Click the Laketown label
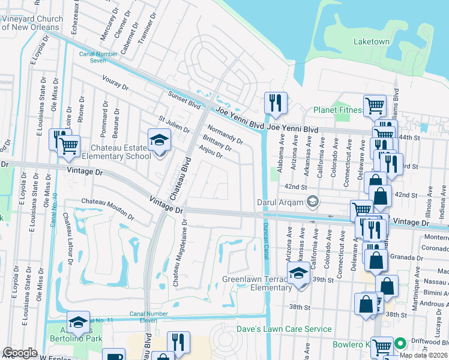pyautogui.click(x=372, y=42)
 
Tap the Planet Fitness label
pyautogui.click(x=338, y=110)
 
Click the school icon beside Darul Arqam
pyautogui.click(x=312, y=202)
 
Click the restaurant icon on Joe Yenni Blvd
pyautogui.click(x=276, y=103)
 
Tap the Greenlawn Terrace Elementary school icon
pyautogui.click(x=298, y=274)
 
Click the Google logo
pyautogui.click(x=20, y=353)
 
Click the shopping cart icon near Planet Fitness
pyautogui.click(x=375, y=106)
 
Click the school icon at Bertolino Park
pyautogui.click(x=79, y=322)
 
